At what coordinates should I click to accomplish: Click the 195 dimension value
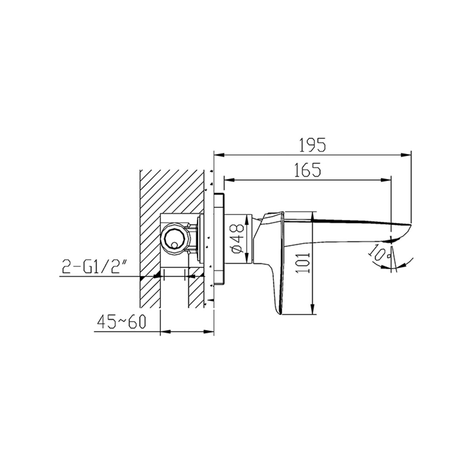312,145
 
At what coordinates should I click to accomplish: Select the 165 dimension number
308,169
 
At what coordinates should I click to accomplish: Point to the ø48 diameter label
238,239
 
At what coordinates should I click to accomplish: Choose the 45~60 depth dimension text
121,322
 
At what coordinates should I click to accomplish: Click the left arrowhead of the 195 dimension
219,155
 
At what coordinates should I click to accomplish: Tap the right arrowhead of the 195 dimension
406,155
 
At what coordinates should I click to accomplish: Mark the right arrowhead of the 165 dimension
386,180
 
